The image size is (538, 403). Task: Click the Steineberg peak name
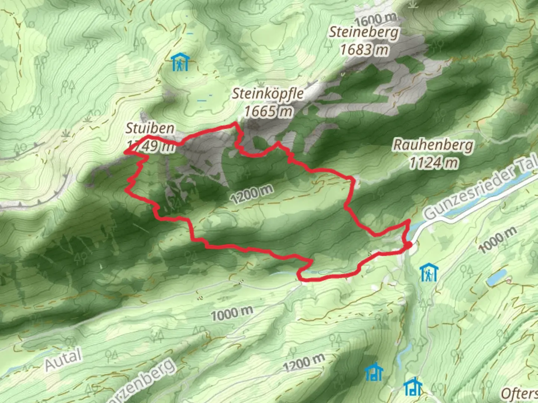(x=364, y=32)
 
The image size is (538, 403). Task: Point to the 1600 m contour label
(x=376, y=18)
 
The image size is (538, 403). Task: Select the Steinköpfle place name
(x=268, y=94)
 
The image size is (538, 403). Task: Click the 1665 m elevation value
(x=268, y=111)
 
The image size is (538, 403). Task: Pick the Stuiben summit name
(x=150, y=128)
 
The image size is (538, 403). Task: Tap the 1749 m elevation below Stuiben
(x=151, y=146)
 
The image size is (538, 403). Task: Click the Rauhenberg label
(x=433, y=145)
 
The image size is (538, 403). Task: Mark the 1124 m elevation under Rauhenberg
(x=433, y=162)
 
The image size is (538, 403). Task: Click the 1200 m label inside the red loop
(x=251, y=194)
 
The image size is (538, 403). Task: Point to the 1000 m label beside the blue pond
(x=498, y=240)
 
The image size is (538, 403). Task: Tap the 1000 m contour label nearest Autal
(x=232, y=314)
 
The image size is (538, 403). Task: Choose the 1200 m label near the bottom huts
(x=303, y=362)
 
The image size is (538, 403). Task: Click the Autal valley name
(x=63, y=359)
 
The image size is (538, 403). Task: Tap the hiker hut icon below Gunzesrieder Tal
(x=428, y=272)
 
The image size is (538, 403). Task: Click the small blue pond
(x=496, y=278)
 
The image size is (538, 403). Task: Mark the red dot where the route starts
(x=409, y=245)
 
